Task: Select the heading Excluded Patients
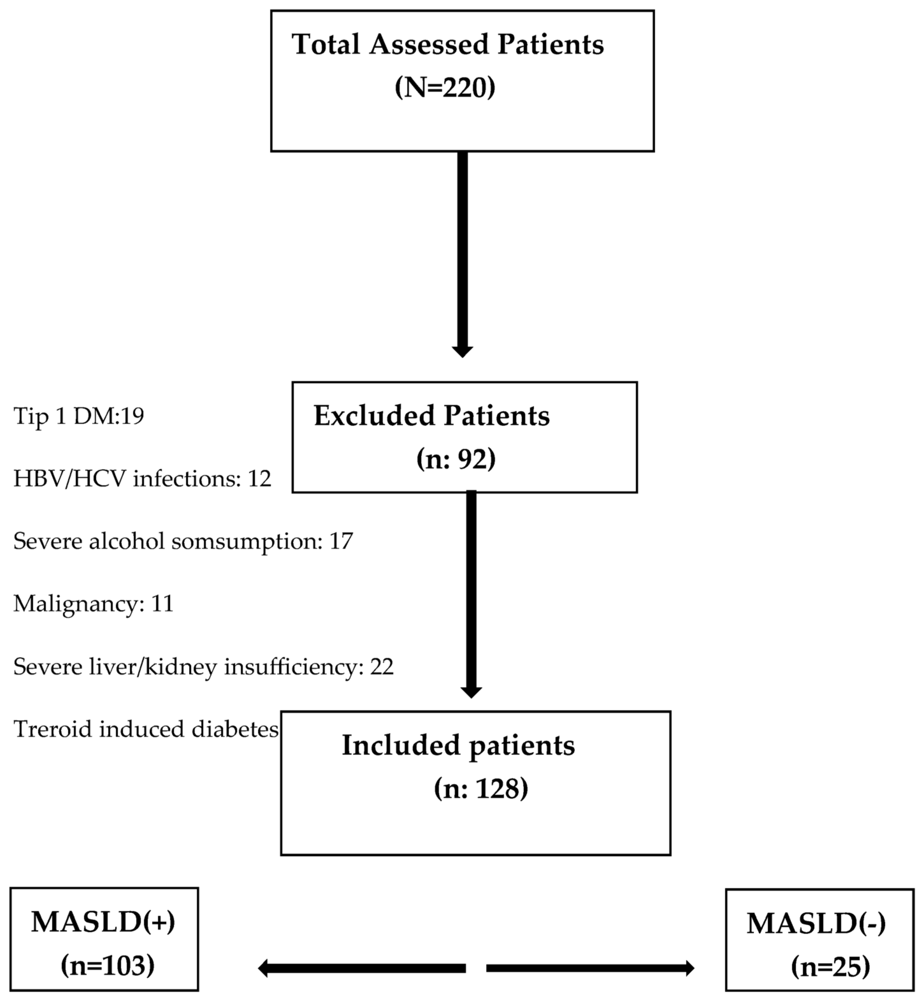coord(432,416)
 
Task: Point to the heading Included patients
coord(458,745)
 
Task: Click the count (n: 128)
coord(481,789)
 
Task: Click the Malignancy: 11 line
coord(93,604)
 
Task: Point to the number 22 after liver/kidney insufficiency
coord(382,667)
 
